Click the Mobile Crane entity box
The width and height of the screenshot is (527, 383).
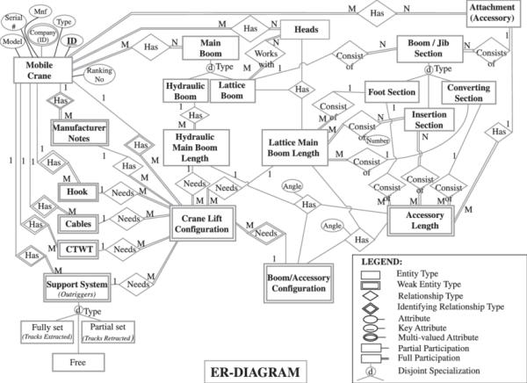point(41,69)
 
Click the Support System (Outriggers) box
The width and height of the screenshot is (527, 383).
point(78,288)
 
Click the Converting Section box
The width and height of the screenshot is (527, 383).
point(471,93)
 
